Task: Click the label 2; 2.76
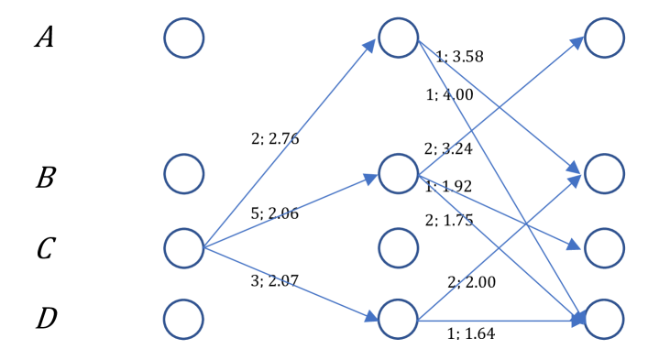click(x=275, y=139)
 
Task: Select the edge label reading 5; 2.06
click(x=275, y=214)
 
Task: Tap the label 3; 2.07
click(x=275, y=281)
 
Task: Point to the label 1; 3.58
click(x=459, y=57)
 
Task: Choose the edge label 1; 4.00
click(x=449, y=94)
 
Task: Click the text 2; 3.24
click(x=447, y=148)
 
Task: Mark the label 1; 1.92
click(x=448, y=187)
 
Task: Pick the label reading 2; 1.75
click(x=448, y=220)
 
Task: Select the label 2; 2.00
click(x=471, y=282)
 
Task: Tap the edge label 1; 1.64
click(x=471, y=333)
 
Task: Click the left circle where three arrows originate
click(x=184, y=248)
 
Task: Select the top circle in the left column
click(x=184, y=38)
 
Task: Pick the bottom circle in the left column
click(x=184, y=319)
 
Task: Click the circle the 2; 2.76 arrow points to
click(x=398, y=38)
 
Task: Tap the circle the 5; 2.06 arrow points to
click(x=398, y=172)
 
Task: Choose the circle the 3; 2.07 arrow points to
click(x=398, y=319)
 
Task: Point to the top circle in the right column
click(x=604, y=38)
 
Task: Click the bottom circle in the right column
click(x=604, y=319)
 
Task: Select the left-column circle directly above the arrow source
click(x=184, y=172)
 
